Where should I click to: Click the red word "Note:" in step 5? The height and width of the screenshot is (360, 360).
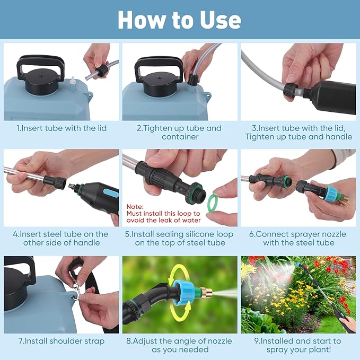(x=135, y=207)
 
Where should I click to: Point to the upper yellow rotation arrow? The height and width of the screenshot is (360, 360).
(x=181, y=269)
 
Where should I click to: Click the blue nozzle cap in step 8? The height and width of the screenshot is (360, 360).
(x=182, y=292)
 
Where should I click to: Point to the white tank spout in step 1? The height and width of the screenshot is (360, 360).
(x=73, y=84)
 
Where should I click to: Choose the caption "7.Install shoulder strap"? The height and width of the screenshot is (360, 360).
(x=62, y=341)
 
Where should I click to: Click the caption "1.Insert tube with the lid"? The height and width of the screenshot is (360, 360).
(x=62, y=128)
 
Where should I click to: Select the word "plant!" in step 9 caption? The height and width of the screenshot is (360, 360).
(x=318, y=350)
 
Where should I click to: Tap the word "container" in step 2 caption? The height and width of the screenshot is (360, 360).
(x=180, y=137)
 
